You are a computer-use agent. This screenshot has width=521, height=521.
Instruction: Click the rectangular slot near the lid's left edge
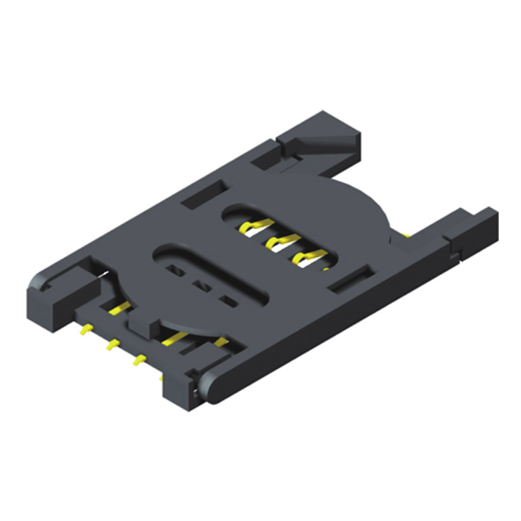pyautogui.click(x=200, y=195)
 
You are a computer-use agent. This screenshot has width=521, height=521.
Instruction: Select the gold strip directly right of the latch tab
pyautogui.click(x=176, y=337)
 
